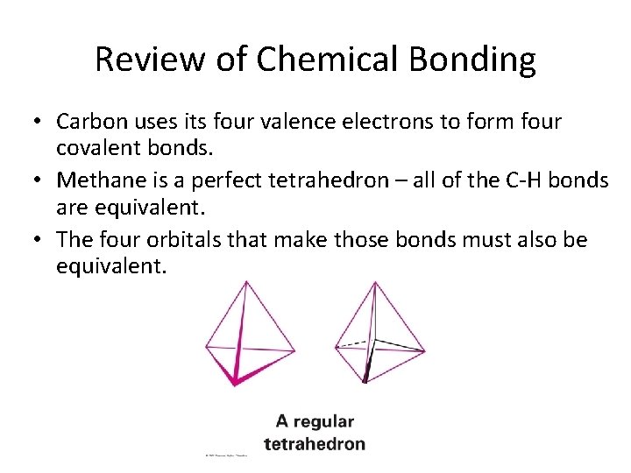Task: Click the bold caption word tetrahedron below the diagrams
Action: point(315,444)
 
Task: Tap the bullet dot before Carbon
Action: point(40,121)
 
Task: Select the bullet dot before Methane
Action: point(40,181)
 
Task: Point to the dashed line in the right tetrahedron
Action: point(352,343)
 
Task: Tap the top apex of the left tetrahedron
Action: point(247,282)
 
